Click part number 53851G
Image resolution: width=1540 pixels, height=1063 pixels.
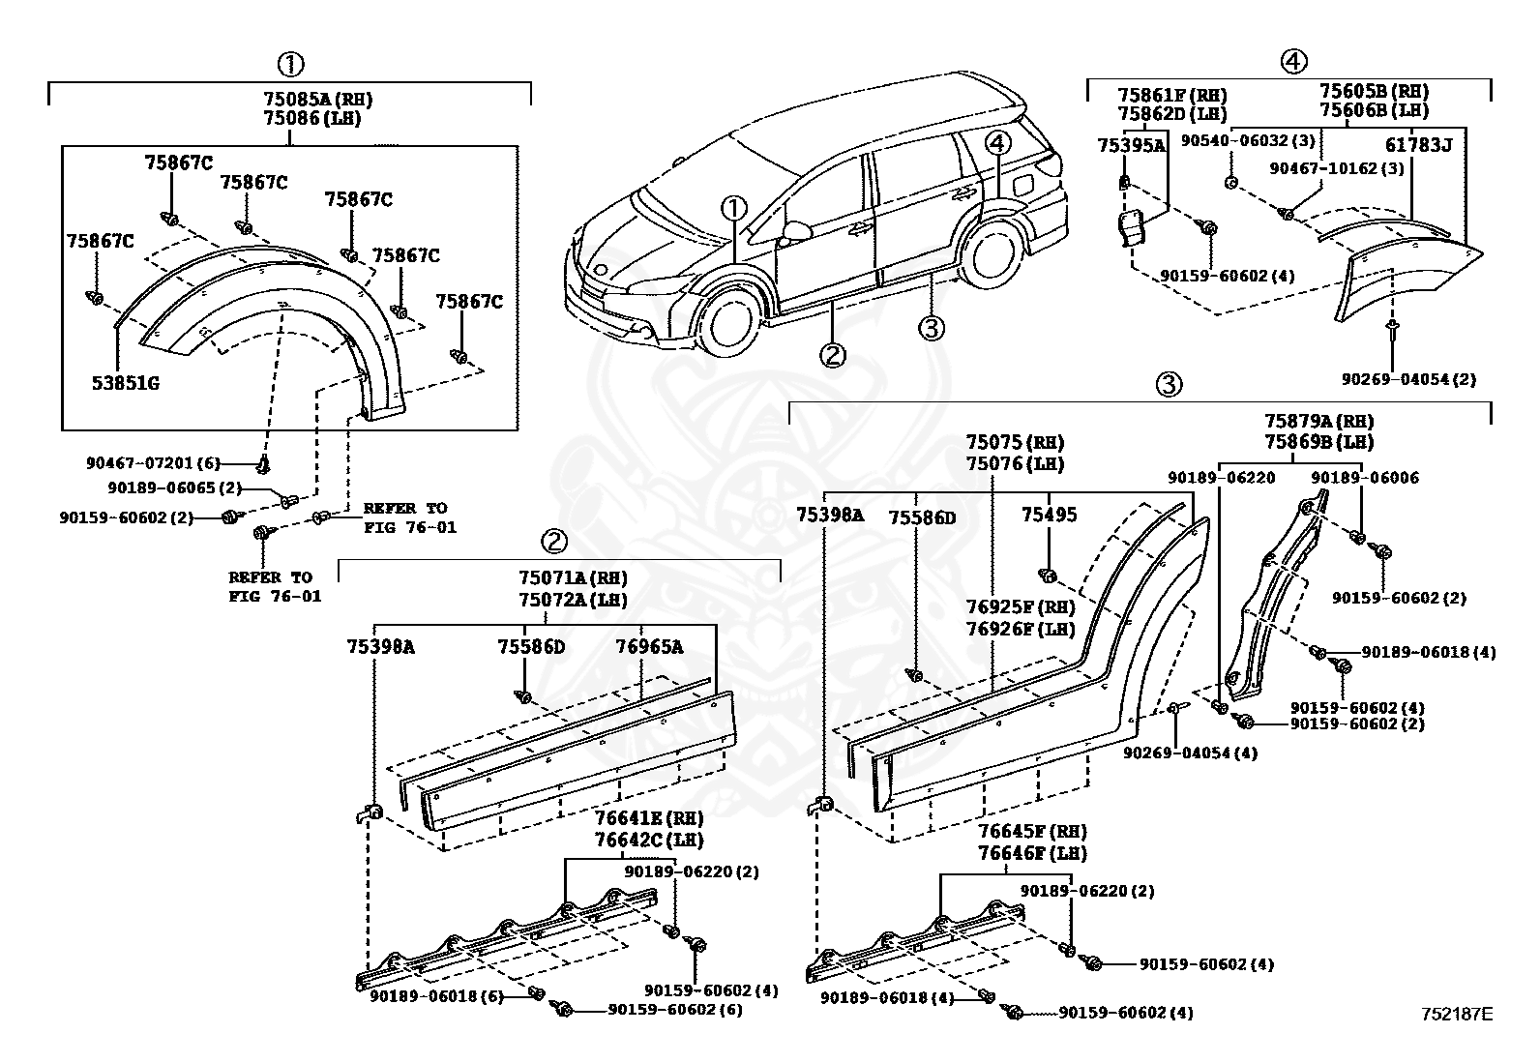[126, 383]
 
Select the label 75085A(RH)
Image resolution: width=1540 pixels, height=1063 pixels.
[317, 99]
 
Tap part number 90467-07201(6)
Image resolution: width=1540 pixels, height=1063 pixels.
[154, 463]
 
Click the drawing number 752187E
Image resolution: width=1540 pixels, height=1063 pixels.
[1456, 1014]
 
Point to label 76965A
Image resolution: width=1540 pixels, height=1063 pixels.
[650, 647]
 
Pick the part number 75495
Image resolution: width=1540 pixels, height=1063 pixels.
[1049, 516]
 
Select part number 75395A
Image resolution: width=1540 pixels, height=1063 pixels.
[1131, 145]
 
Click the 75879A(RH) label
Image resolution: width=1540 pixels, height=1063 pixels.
[1318, 422]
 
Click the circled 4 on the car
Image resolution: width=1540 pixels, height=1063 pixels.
[997, 143]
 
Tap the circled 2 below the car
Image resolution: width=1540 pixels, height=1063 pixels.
[832, 355]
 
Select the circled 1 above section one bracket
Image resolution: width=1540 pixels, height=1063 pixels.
[290, 65]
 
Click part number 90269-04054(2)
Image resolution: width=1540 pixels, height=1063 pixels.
[1408, 379]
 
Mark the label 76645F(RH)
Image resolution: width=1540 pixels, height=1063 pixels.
[1031, 832]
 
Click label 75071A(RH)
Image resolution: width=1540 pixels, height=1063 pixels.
[573, 578]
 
